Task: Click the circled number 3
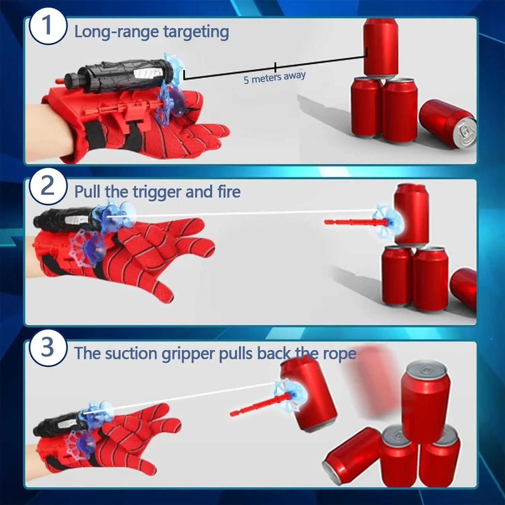(x=47, y=348)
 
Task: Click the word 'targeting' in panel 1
(x=196, y=32)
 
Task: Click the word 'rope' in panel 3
(x=339, y=354)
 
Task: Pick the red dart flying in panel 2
(x=353, y=222)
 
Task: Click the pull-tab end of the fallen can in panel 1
(x=467, y=133)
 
